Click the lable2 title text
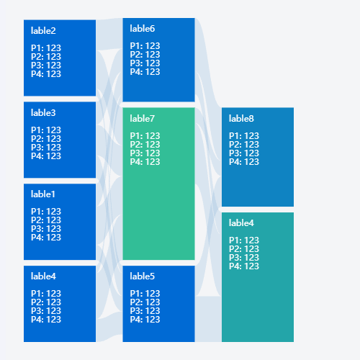click(43, 31)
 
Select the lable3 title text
click(43, 113)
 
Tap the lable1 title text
click(43, 194)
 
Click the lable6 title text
click(143, 29)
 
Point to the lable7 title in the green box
click(143, 119)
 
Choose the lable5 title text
click(143, 276)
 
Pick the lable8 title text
click(241, 119)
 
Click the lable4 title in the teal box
click(241, 223)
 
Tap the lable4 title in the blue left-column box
click(43, 276)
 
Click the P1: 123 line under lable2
click(46, 48)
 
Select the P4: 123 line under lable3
click(46, 156)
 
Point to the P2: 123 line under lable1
click(46, 220)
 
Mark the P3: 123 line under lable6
click(145, 63)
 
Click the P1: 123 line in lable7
click(145, 136)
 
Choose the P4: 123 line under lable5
click(145, 320)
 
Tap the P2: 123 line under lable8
click(244, 145)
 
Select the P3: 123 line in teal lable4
click(244, 258)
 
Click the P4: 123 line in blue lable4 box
click(46, 320)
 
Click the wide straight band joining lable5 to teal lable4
click(208, 319)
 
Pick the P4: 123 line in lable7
click(145, 162)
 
